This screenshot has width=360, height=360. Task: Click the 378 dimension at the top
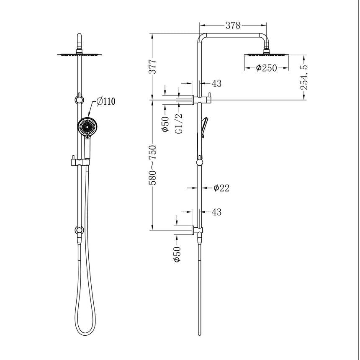pos(233,26)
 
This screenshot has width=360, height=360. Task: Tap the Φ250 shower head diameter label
pos(267,68)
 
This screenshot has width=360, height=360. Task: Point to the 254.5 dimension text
pos(304,77)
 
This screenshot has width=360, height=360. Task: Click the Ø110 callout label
pos(105,101)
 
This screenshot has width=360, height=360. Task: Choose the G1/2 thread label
pos(178,124)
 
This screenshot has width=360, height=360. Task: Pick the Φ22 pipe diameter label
pos(221,188)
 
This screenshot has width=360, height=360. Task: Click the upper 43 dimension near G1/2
pos(216,84)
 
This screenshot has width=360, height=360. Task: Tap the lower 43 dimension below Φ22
pos(216,212)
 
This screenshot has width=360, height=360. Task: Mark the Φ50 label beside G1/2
pos(166,124)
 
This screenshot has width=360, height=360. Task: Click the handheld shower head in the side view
pos(205,126)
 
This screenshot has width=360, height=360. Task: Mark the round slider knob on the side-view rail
pos(200,162)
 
